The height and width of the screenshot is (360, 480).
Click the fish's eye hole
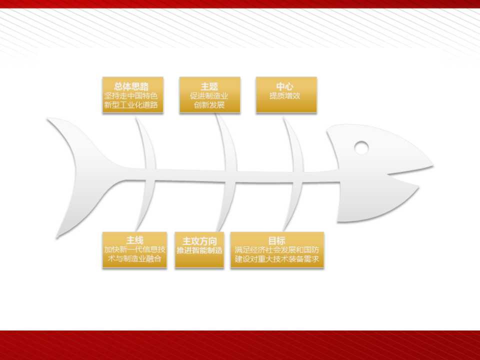(x=361, y=147)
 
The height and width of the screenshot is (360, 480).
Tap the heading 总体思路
(x=131, y=86)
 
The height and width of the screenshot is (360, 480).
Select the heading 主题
(x=209, y=86)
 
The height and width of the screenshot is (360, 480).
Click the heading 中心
(x=284, y=86)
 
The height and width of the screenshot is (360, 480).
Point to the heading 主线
(x=134, y=240)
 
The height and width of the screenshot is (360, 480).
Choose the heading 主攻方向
(x=199, y=241)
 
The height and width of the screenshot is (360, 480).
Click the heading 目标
(x=276, y=240)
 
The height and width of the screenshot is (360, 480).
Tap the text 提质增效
(x=284, y=96)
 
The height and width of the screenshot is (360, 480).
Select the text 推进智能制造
(x=199, y=250)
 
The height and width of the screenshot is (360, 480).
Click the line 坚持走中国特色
(x=131, y=96)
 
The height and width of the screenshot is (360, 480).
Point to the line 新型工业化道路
(x=131, y=105)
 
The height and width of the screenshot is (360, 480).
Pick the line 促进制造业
(x=209, y=96)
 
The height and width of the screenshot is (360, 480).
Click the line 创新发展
(x=209, y=105)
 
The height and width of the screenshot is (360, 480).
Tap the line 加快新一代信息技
(x=134, y=250)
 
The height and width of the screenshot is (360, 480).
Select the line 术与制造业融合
(x=134, y=259)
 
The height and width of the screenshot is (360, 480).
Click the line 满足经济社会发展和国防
(x=277, y=250)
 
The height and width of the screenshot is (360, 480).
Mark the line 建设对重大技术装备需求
(x=277, y=259)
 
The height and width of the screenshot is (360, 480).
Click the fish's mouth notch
(x=388, y=175)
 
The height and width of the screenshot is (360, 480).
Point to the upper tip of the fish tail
(x=48, y=119)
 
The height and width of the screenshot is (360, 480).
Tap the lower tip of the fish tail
(x=57, y=237)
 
